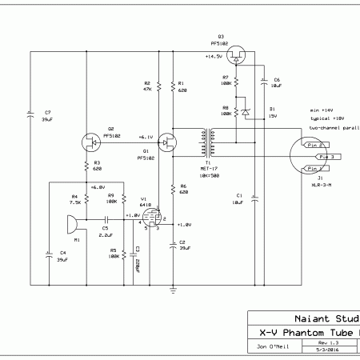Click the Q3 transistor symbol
pos(235,56)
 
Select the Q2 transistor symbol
pos(94,143)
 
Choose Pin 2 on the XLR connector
pos(315,145)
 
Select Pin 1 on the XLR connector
pos(315,170)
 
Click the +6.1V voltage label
pos(146,136)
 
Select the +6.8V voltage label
pos(96,187)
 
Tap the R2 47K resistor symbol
pos(158,86)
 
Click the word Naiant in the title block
pos(308,317)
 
